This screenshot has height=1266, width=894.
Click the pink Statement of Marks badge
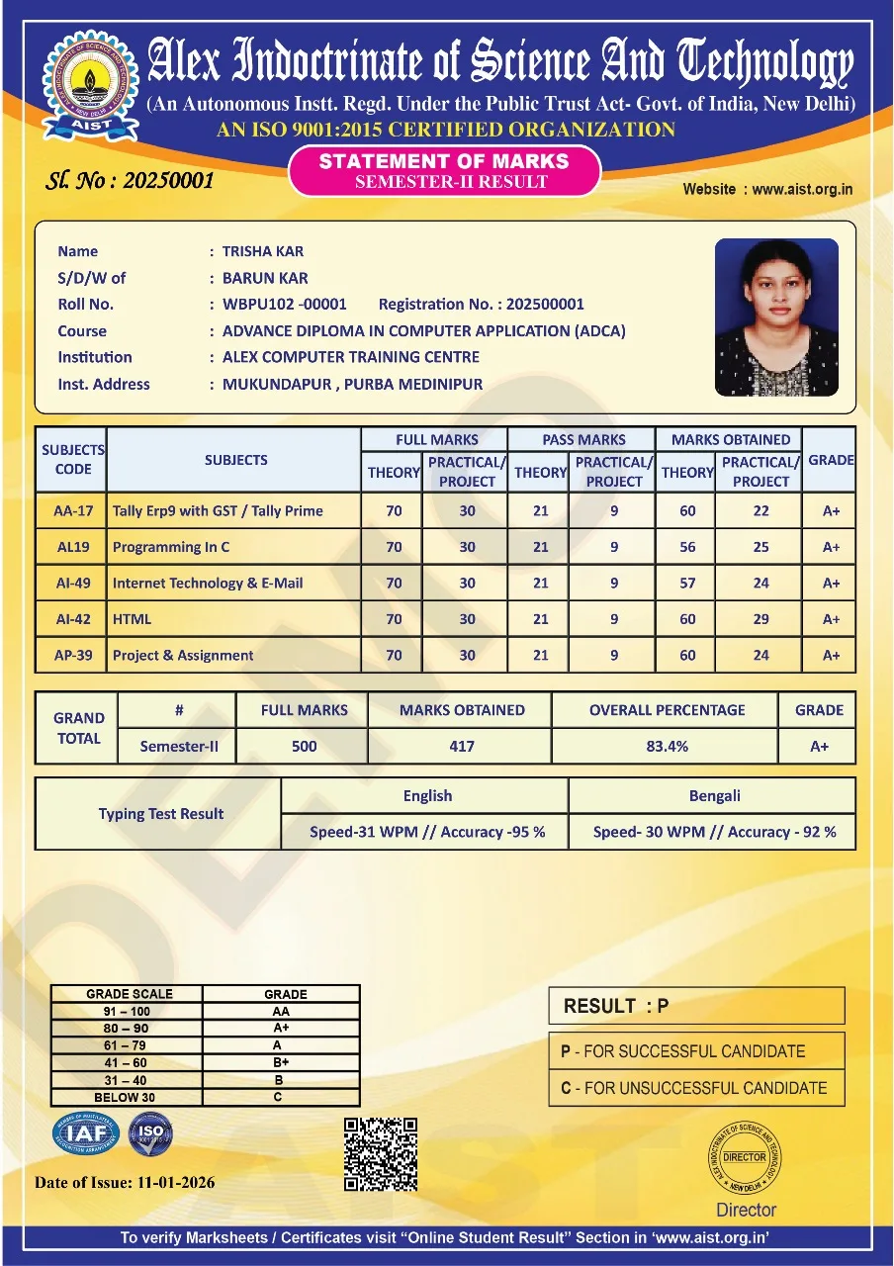pos(444,170)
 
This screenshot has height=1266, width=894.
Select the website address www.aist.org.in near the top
pos(802,189)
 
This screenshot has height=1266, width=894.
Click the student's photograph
pos(776,316)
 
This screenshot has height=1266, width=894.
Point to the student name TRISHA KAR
pos(262,251)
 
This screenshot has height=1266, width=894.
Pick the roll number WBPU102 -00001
pos(284,305)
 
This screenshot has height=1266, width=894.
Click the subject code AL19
pos(72,547)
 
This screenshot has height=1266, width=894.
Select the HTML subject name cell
pos(233,619)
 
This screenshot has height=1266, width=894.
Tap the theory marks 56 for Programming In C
pos(687,547)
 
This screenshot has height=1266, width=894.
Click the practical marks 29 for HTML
pos(760,619)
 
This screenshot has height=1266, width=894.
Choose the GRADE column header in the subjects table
pos(831,460)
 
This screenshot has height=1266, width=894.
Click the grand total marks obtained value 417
pos(462,747)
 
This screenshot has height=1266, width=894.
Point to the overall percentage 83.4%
pos(667,747)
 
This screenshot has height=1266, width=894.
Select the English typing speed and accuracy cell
pos(427,832)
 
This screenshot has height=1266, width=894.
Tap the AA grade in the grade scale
pos(281,1012)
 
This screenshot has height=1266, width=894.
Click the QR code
pos(381,1154)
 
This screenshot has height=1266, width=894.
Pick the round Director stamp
pos(746,1158)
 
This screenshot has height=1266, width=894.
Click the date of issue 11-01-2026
pos(162,1182)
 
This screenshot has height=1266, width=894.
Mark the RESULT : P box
pos(696,1006)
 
